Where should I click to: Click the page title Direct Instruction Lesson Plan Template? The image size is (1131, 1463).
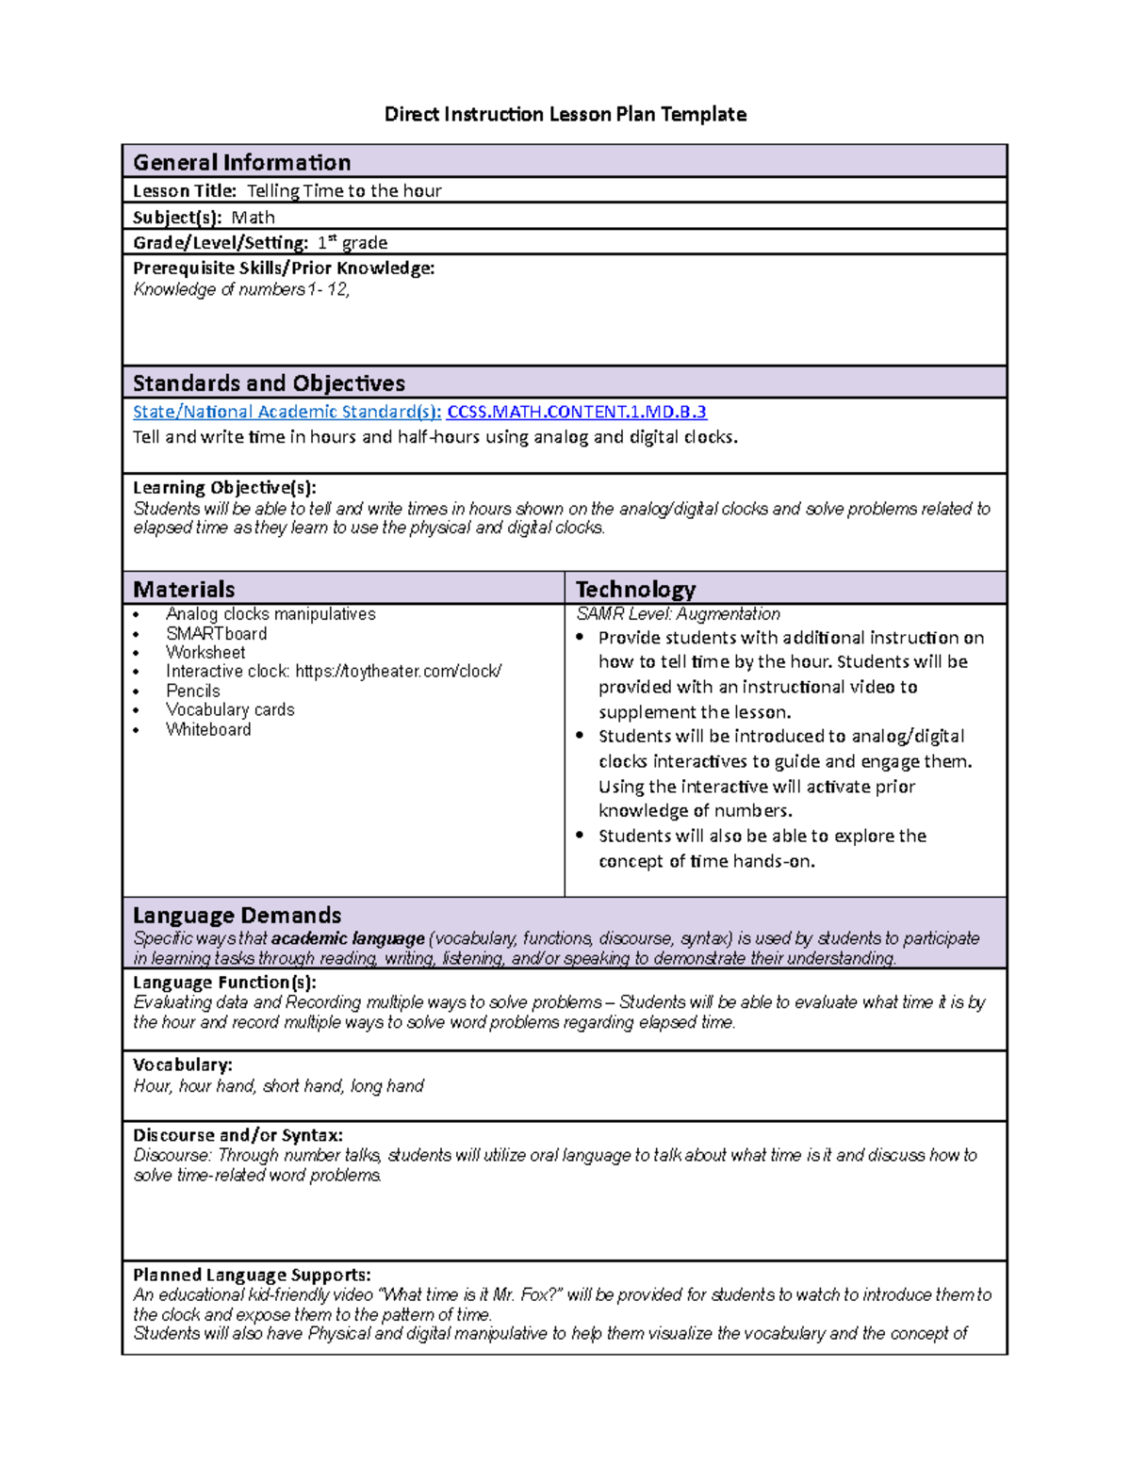coord(565,115)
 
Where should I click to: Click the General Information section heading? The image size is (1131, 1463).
coord(241,162)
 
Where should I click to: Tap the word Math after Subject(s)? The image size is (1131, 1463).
coord(253,218)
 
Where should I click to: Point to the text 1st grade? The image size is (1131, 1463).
coord(352,243)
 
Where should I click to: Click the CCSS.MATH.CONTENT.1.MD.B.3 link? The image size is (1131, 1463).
coord(576,412)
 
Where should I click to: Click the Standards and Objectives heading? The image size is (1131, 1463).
coord(269,383)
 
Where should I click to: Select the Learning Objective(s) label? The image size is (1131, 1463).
coord(224,488)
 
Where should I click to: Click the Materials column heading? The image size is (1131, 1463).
coord(184,590)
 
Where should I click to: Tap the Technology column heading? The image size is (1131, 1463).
coord(635,590)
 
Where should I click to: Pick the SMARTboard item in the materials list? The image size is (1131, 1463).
coord(216,634)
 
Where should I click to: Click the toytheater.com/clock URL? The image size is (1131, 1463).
coord(398,672)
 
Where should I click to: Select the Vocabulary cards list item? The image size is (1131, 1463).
coord(230,710)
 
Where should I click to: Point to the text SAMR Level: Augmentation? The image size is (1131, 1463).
coord(678,614)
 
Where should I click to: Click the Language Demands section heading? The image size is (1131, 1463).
coord(237,916)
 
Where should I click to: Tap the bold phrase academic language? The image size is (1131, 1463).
coord(348,938)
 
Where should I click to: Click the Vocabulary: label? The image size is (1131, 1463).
coord(183,1065)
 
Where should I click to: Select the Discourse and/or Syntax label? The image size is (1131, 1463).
coord(238,1135)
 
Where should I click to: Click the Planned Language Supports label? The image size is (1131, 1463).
coord(252,1276)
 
